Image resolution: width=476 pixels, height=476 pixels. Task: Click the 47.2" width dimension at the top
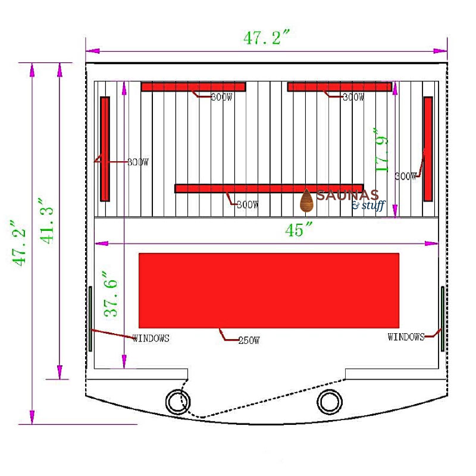click(x=267, y=37)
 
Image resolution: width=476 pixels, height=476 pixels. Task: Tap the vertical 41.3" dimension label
click(x=46, y=221)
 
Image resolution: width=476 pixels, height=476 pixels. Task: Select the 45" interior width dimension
click(x=299, y=229)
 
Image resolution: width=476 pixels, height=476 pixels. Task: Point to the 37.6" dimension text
click(x=110, y=294)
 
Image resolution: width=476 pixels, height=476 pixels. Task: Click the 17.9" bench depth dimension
click(x=381, y=150)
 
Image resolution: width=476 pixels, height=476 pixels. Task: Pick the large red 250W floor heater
click(x=269, y=290)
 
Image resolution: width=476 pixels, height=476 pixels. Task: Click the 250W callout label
click(x=249, y=340)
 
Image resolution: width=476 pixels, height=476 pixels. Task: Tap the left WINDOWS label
click(x=151, y=338)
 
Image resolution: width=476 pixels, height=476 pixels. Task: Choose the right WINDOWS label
click(x=406, y=337)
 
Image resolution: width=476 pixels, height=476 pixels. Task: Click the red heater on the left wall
click(x=105, y=149)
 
